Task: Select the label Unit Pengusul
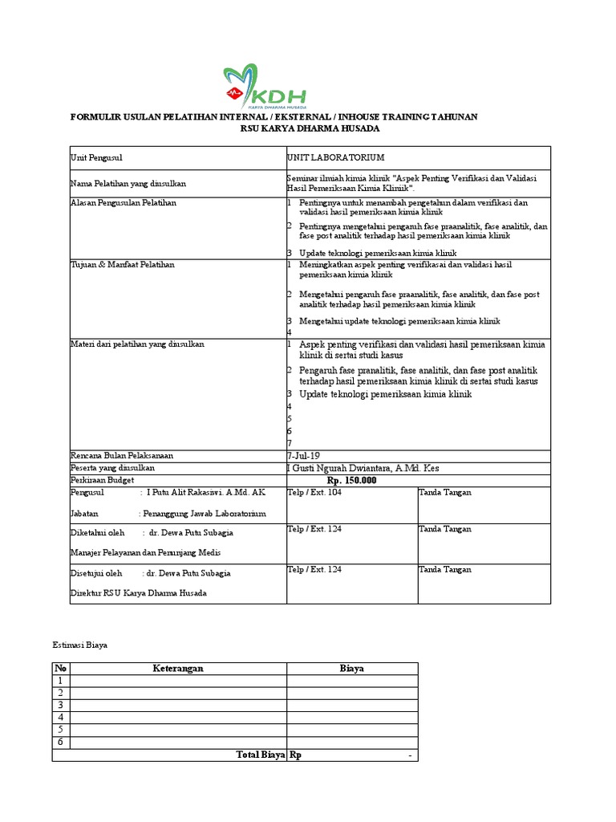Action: coord(96,158)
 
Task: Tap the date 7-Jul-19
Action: coord(303,455)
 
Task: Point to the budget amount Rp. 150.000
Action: coord(351,480)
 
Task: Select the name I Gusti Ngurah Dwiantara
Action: coord(363,468)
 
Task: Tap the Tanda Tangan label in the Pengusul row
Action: coord(444,492)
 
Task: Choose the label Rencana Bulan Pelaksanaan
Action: coord(122,455)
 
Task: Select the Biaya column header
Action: coord(352,668)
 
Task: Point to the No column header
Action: coord(60,668)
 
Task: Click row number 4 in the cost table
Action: coord(60,717)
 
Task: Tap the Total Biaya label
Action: coord(260,755)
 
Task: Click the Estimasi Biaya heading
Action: coord(79,644)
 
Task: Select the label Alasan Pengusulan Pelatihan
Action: coord(124,203)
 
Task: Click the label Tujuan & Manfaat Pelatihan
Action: coord(123,264)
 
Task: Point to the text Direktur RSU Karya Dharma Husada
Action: coord(139,593)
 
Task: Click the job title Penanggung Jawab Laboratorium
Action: coord(203,514)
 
